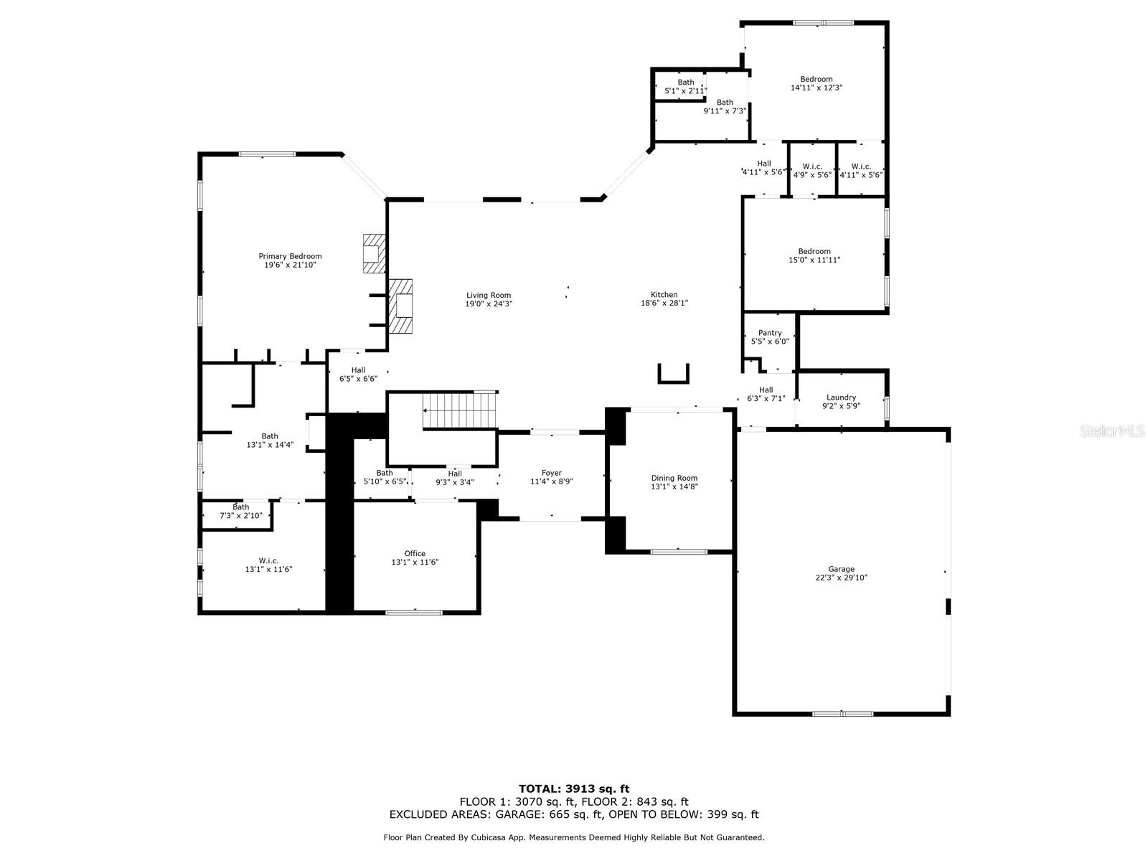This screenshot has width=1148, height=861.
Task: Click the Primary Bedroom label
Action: (x=290, y=256)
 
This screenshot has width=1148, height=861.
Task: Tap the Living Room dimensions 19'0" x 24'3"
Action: (x=489, y=304)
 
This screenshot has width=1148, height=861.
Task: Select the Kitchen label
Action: (x=664, y=295)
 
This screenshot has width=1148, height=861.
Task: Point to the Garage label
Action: (x=841, y=569)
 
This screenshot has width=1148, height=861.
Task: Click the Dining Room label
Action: (x=674, y=478)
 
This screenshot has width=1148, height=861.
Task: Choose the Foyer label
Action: (x=551, y=473)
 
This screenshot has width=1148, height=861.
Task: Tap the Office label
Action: (x=415, y=554)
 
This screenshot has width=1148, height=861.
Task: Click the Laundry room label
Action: (x=841, y=397)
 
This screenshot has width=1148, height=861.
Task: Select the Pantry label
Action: (x=770, y=333)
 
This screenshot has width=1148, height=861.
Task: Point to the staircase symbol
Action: (x=458, y=410)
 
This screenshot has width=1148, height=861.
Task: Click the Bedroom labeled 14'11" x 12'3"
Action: (x=816, y=84)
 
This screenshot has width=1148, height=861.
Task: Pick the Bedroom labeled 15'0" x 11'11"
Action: (x=814, y=255)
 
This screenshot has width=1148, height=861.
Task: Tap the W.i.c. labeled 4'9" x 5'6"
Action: (x=812, y=171)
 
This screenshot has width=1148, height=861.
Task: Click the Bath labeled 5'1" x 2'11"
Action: (x=686, y=87)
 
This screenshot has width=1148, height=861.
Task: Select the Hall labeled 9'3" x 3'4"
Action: (x=454, y=479)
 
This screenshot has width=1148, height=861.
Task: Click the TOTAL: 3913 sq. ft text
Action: (x=574, y=789)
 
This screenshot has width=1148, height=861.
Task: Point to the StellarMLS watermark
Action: (x=1112, y=431)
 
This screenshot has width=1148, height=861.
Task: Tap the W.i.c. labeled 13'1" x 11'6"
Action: (x=268, y=565)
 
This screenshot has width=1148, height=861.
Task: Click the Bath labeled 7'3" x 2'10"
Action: (x=240, y=512)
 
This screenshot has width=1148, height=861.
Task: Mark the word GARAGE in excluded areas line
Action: (x=517, y=814)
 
